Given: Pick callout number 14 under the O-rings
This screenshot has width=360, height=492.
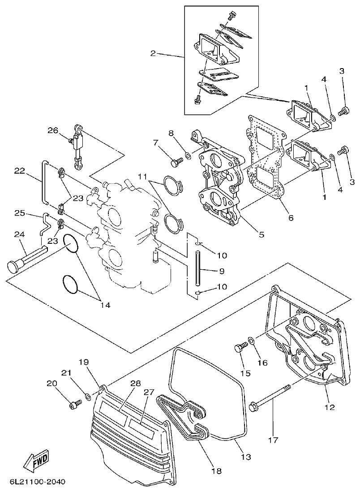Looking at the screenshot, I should (x=105, y=305).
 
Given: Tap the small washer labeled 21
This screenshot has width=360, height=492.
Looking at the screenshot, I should (x=88, y=397).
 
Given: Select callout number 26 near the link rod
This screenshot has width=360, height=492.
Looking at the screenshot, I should (x=53, y=130).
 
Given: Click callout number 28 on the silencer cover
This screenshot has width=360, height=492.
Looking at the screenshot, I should (x=136, y=384).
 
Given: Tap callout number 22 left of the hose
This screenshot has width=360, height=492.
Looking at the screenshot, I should (x=19, y=170).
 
